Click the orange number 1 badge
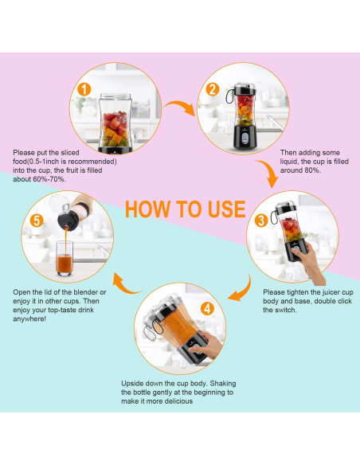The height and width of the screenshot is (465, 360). click(x=84, y=89)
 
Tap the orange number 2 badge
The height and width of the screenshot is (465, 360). click(x=213, y=89)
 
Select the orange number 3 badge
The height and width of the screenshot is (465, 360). click(x=261, y=221)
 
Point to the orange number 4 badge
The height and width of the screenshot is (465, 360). click(x=207, y=309)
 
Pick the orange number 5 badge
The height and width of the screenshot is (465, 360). click(x=37, y=221)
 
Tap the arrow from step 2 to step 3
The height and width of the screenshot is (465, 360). click(x=269, y=171)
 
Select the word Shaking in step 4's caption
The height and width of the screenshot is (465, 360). click(x=223, y=384)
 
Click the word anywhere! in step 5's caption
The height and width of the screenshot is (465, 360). click(x=29, y=319)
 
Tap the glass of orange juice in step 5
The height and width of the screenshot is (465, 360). click(x=65, y=258)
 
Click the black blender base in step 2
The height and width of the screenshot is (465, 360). click(x=245, y=137)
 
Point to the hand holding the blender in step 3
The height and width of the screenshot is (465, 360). click(x=308, y=260)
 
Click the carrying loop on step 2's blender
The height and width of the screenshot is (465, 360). click(x=230, y=96)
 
